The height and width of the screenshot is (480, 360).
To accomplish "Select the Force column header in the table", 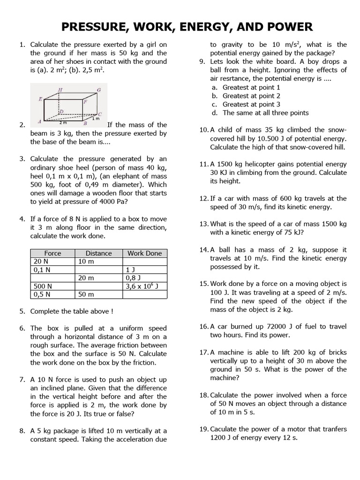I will pyautogui.click(x=52, y=253).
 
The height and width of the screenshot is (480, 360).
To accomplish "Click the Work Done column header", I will pyautogui.click(x=144, y=253).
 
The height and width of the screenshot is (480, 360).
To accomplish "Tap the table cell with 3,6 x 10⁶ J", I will pyautogui.click(x=144, y=286).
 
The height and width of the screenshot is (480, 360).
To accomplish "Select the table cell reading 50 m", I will pyautogui.click(x=86, y=294).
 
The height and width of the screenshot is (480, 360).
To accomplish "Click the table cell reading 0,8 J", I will pyautogui.click(x=134, y=277).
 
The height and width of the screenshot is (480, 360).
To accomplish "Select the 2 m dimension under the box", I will pyautogui.click(x=63, y=122).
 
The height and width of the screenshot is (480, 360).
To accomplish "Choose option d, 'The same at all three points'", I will pyautogui.click(x=265, y=112).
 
